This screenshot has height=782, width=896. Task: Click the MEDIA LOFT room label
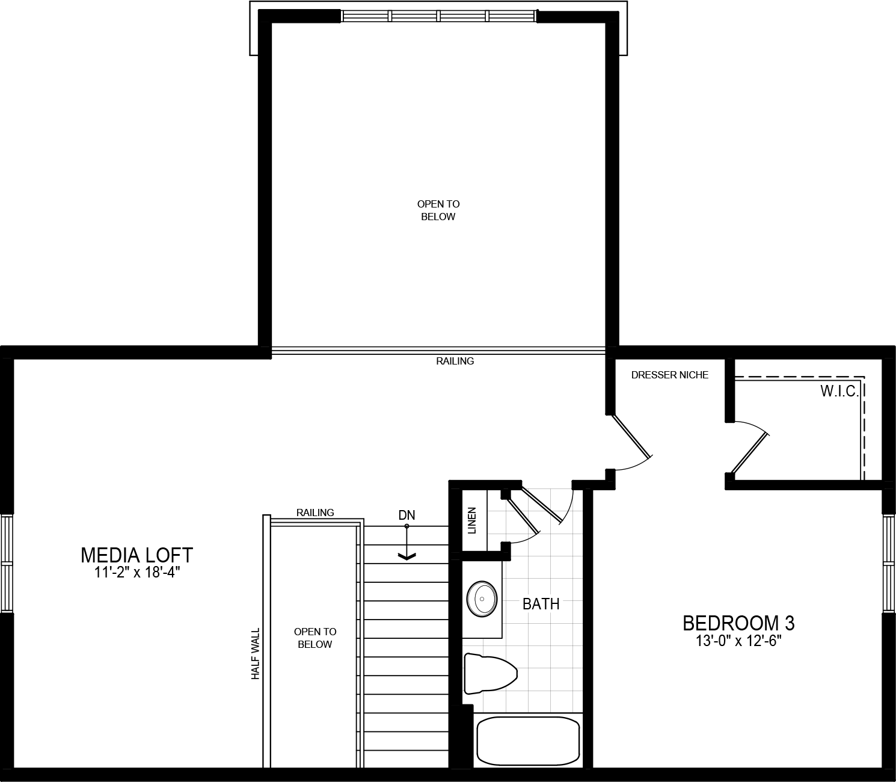[137, 554]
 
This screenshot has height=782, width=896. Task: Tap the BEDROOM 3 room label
[738, 623]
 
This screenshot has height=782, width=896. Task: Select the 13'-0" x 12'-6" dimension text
[738, 641]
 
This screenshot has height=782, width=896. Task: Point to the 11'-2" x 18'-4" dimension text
[137, 572]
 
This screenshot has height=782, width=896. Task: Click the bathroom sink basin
[482, 599]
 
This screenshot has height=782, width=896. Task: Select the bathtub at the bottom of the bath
[528, 740]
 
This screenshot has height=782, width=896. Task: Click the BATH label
[541, 603]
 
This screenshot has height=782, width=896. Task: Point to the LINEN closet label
[472, 520]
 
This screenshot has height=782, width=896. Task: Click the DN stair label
[407, 515]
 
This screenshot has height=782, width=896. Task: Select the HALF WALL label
[256, 654]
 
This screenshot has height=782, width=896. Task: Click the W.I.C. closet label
[839, 392]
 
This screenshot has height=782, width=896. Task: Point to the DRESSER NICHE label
[669, 375]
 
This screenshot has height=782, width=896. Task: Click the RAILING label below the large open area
[455, 361]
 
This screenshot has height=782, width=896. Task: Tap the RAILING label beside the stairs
[315, 513]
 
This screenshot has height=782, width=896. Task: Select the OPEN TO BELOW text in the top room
[438, 211]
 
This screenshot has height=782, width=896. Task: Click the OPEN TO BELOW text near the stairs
[315, 638]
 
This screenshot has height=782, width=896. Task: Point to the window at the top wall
[438, 16]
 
